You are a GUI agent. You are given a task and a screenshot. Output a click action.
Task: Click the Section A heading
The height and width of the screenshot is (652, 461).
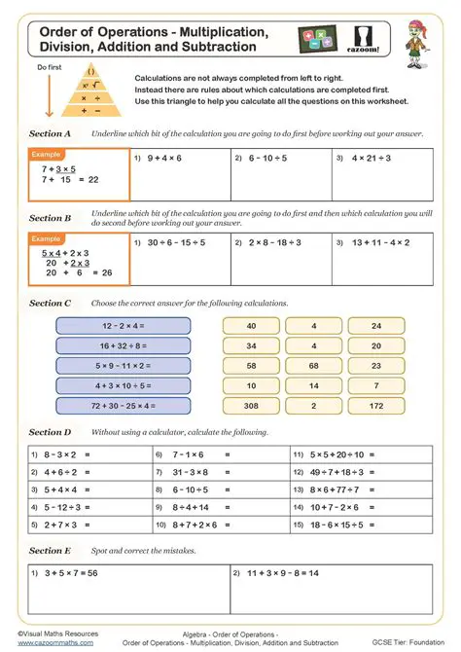point(50,133)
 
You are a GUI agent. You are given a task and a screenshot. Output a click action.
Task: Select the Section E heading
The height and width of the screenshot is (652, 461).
point(50,551)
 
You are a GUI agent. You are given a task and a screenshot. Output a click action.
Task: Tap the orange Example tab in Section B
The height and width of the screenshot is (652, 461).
point(47,238)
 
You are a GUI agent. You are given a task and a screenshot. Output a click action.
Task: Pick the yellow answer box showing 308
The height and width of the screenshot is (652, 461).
point(251,404)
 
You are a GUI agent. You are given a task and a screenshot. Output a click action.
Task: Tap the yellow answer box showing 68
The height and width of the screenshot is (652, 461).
point(313,366)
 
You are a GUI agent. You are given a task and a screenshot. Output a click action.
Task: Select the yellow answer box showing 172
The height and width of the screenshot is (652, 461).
point(376,404)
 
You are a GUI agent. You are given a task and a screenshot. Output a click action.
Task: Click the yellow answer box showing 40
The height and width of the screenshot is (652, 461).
point(251,327)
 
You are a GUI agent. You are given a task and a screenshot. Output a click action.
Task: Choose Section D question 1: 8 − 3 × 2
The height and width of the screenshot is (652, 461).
point(61,454)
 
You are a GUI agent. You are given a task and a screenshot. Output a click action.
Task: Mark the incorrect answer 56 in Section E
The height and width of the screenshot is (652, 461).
point(93,574)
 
